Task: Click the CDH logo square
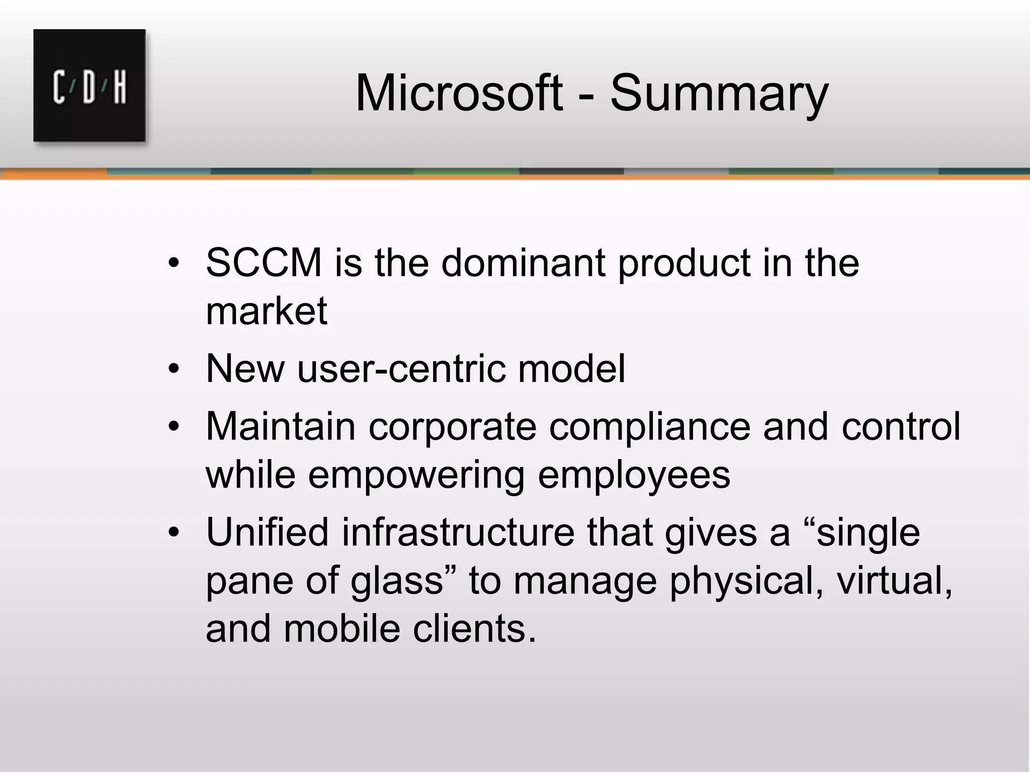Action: tap(90, 86)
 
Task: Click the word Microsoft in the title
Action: tap(458, 93)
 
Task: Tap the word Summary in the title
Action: tap(719, 93)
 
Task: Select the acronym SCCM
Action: tap(264, 263)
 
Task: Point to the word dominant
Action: tap(523, 263)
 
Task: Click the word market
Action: tap(267, 311)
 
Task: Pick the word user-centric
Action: tap(401, 368)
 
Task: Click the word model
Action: tap(572, 368)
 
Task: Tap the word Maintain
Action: tap(281, 426)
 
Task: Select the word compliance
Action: tap(649, 426)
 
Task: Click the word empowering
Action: tap(416, 475)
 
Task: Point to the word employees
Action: tap(634, 475)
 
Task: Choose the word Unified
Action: tap(267, 532)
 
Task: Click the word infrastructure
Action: tap(458, 532)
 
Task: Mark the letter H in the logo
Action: tap(120, 88)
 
